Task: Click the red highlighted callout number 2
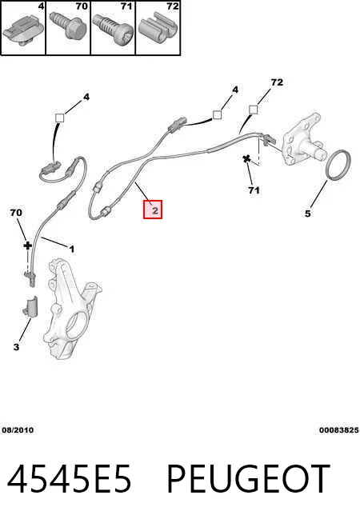point(153,210)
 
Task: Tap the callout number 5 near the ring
point(308,214)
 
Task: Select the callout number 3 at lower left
point(16,347)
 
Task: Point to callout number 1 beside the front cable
point(71,249)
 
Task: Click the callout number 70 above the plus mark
point(16,213)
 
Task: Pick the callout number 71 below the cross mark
point(254,190)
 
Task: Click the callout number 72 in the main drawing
point(277,82)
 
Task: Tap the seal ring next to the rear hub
point(338,166)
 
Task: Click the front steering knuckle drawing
point(72,307)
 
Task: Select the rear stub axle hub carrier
point(302,139)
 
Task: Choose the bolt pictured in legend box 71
point(112,29)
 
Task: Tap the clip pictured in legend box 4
point(22,30)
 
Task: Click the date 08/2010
point(18,430)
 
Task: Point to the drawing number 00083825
point(338,430)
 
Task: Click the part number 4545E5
point(69,479)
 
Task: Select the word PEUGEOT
point(248,479)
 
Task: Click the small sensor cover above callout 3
point(30,306)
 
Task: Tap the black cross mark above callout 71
point(246,159)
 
